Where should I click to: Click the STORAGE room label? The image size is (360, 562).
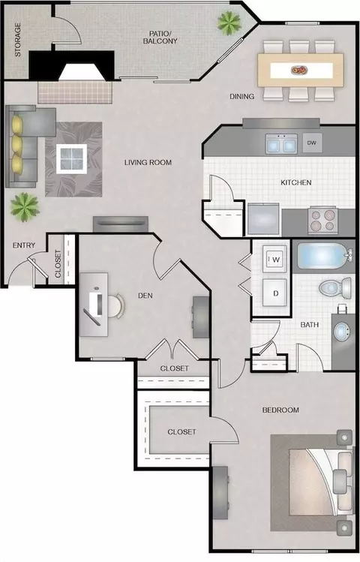(x=17, y=40)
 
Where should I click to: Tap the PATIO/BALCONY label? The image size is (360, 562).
(x=160, y=38)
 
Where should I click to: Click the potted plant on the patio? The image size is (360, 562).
(x=229, y=23)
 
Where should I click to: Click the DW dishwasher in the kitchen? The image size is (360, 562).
(x=312, y=143)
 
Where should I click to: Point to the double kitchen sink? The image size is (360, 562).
(x=281, y=144)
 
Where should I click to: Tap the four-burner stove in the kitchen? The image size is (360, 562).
(x=322, y=220)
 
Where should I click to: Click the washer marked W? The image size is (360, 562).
(x=275, y=259)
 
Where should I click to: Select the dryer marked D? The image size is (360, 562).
(x=274, y=293)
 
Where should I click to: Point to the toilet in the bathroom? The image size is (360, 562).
(x=335, y=288)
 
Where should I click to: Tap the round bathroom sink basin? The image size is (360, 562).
(x=340, y=332)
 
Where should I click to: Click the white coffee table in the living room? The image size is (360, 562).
(x=72, y=159)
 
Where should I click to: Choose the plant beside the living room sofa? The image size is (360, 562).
(x=25, y=207)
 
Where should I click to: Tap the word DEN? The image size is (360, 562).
(x=145, y=296)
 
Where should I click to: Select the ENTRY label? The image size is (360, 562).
(x=24, y=245)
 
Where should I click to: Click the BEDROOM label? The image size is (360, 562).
(x=280, y=410)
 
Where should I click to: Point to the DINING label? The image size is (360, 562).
(x=242, y=96)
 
